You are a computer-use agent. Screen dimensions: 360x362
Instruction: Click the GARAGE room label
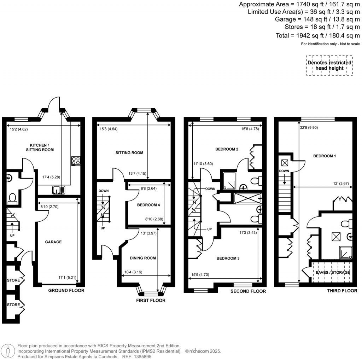(53, 242)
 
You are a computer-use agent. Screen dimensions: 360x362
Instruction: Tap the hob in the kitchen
(76, 161)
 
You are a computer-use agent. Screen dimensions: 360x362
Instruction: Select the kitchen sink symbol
(59, 190)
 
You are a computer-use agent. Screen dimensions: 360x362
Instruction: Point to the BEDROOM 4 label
(148, 205)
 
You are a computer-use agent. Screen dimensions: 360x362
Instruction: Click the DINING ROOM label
(143, 258)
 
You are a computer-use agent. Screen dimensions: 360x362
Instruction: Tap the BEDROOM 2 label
(227, 149)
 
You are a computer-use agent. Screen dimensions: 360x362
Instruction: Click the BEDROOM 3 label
(228, 259)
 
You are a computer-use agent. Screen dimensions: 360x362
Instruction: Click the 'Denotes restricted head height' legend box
(329, 65)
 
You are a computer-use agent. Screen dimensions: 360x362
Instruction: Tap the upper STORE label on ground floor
(13, 280)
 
